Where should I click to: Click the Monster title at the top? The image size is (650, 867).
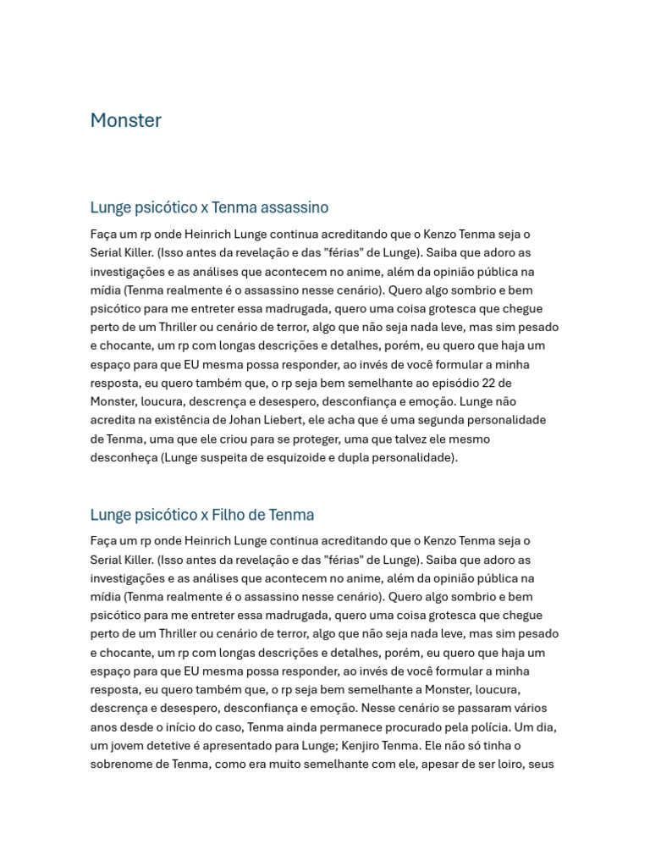point(125,120)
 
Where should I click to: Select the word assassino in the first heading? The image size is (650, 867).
point(296,207)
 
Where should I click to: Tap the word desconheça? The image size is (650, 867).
point(124,457)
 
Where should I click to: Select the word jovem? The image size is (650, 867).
point(132,745)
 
